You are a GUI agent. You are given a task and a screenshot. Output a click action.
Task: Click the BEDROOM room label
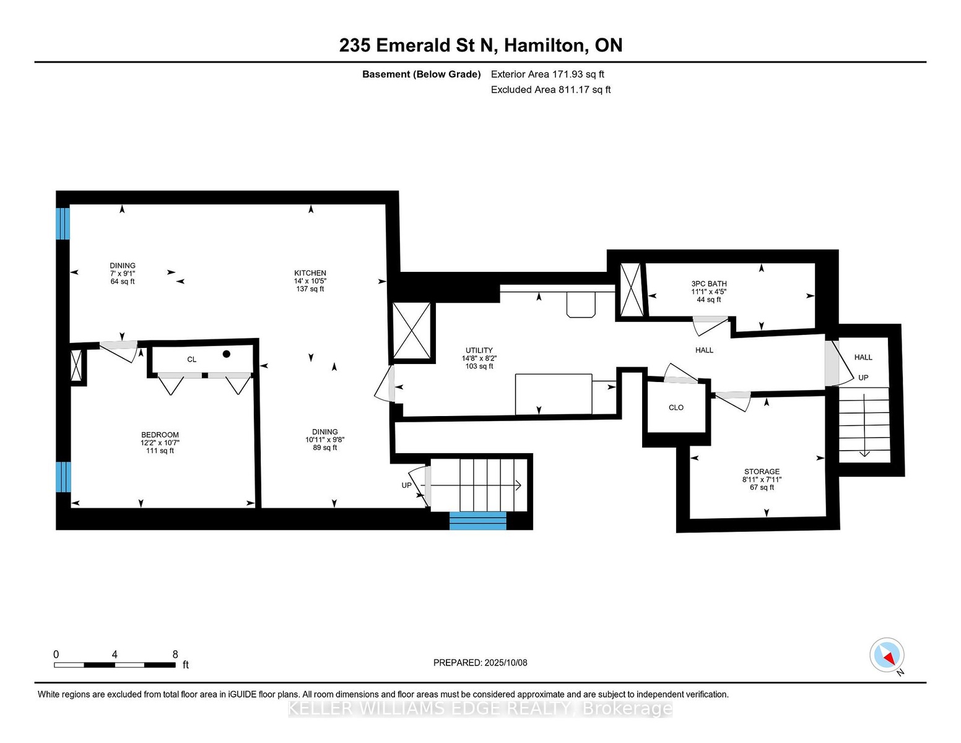[x=160, y=435]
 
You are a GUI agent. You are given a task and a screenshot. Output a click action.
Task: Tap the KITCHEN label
[x=310, y=273]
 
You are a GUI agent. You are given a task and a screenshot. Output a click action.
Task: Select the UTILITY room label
[x=479, y=350]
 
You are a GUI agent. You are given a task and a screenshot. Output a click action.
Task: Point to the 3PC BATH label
[x=709, y=284]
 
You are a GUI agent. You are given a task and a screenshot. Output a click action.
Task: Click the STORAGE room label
[x=762, y=472]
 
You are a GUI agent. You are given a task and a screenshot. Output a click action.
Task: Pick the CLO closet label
[x=676, y=407]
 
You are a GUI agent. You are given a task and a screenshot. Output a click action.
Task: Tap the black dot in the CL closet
[x=227, y=354]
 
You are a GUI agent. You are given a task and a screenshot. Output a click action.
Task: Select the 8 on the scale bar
[x=175, y=654]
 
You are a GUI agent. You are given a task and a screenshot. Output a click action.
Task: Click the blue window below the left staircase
[x=477, y=521]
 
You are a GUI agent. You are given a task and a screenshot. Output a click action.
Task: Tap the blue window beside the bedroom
[x=63, y=477]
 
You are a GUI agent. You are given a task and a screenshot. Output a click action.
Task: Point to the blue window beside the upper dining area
[x=63, y=223]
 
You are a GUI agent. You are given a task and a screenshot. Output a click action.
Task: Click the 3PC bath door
[x=710, y=326]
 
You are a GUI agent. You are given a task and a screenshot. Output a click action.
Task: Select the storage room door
[x=733, y=401]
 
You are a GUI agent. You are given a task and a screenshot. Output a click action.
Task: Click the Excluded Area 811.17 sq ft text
[x=550, y=90]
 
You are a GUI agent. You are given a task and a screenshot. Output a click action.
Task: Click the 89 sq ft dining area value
[x=324, y=448]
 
